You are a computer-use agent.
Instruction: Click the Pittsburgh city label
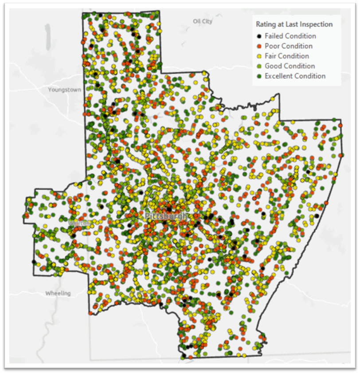tap(166, 216)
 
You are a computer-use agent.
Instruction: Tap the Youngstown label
tap(65, 89)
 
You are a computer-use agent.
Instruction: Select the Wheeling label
tap(58, 293)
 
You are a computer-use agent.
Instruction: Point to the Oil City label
tap(203, 21)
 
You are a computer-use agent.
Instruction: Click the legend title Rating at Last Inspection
tap(294, 24)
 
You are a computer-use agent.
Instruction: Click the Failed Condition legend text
tap(290, 36)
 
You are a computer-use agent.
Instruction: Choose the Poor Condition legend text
tap(289, 46)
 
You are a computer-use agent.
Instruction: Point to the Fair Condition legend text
tap(287, 56)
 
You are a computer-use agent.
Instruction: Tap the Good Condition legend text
tap(290, 66)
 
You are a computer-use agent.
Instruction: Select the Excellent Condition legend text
tap(295, 76)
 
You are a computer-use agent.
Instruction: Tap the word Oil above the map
tap(197, 21)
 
